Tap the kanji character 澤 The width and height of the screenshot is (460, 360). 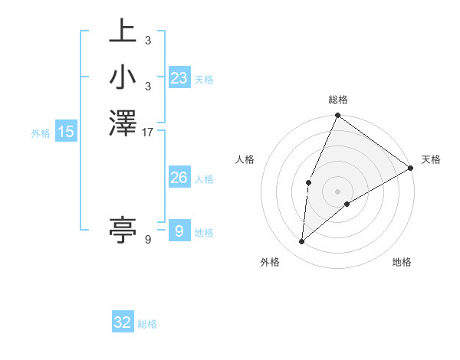tap(123, 123)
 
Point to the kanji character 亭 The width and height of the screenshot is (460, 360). tap(123, 228)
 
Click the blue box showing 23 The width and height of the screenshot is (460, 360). tap(179, 78)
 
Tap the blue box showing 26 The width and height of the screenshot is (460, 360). tap(179, 178)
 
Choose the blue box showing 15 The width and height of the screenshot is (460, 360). tap(66, 133)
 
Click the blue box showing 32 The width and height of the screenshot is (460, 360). tap(123, 322)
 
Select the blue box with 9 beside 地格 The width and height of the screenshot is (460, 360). tap(179, 231)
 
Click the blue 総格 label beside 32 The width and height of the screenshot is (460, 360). tap(147, 324)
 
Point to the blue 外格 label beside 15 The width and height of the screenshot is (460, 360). tap(41, 133)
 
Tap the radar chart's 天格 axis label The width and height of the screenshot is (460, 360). tap(431, 159)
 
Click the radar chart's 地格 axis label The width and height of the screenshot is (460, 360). tap(402, 263)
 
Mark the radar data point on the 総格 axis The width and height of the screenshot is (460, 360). tap(337, 116)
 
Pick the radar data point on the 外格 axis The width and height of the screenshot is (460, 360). tap(302, 241)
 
